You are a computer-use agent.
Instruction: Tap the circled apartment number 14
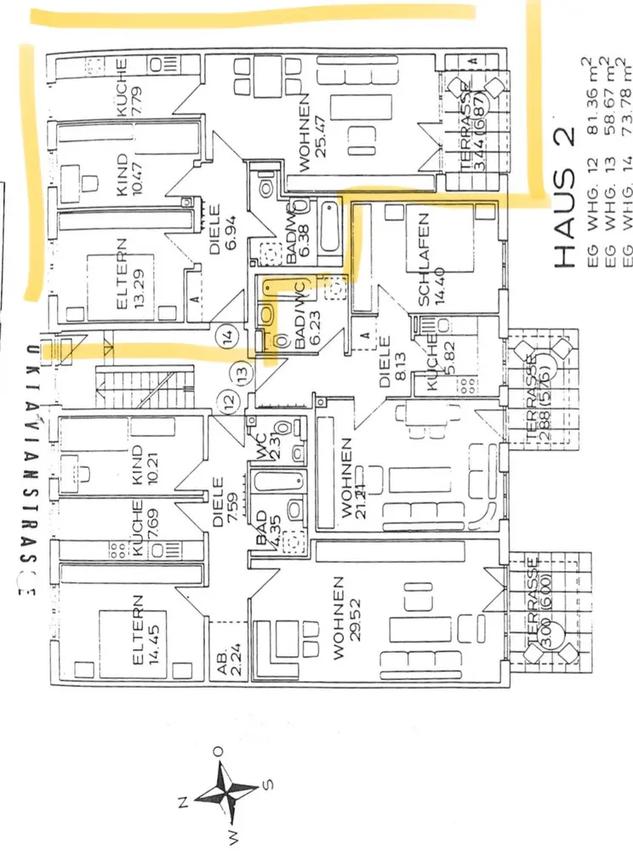pos(225,337)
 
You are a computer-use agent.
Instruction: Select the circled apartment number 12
pos(226,399)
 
